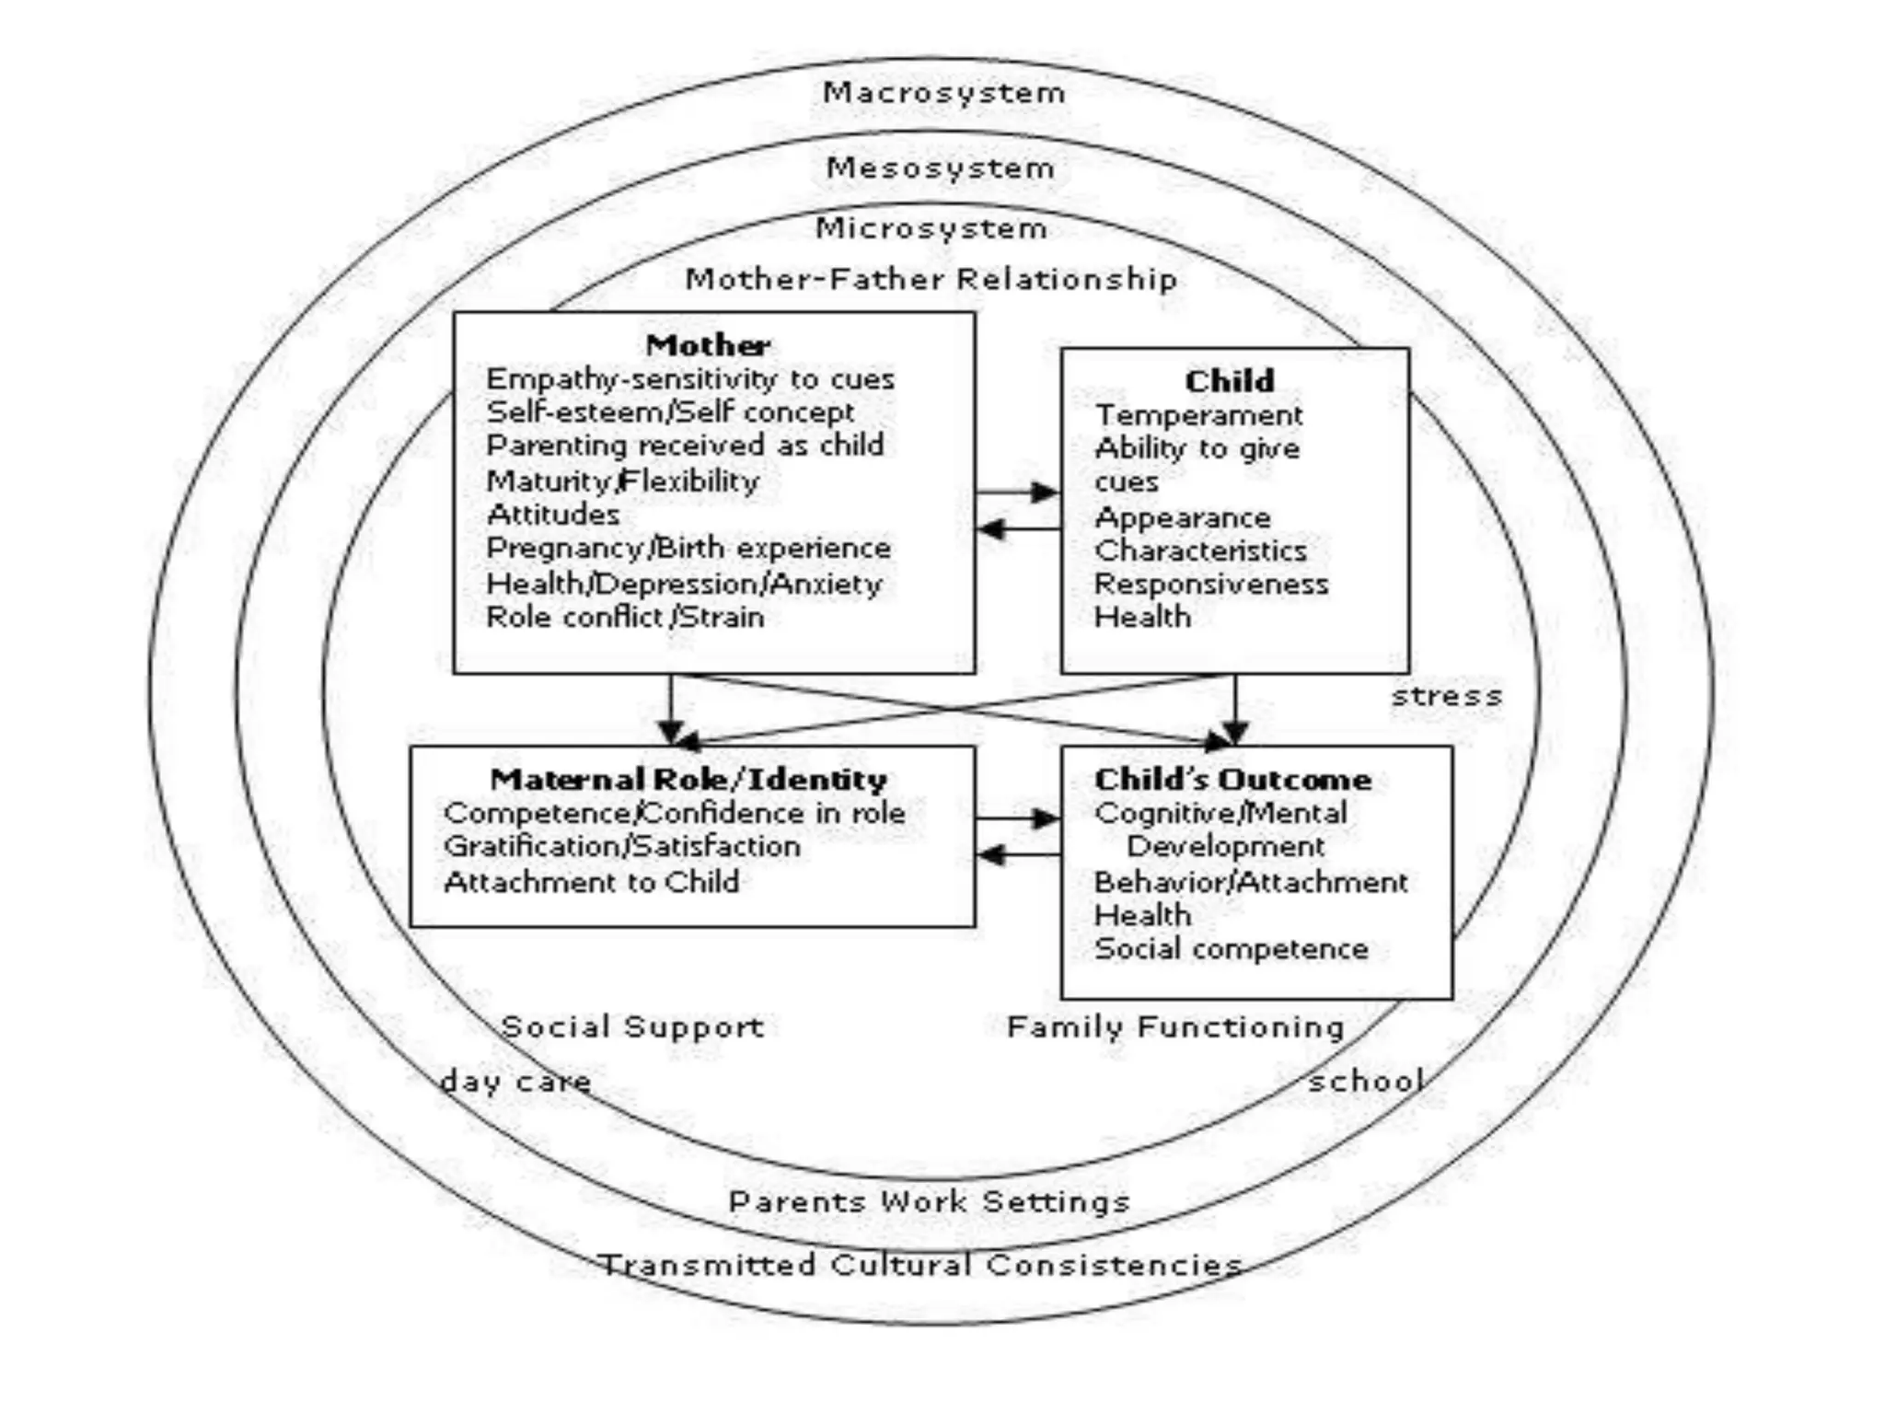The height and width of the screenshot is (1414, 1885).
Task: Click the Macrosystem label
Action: [943, 92]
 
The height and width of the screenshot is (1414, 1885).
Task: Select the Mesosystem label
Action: [940, 168]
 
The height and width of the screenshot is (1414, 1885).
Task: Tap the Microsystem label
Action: [931, 227]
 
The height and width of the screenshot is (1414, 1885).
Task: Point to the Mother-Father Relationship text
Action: [931, 278]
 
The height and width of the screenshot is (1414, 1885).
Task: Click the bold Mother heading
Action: [708, 345]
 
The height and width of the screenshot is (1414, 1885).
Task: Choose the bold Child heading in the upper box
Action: [1230, 380]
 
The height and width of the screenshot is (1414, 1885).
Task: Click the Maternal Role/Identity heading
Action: [688, 780]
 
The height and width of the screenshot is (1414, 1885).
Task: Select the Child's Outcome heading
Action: [1232, 780]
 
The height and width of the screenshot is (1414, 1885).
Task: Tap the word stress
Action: [1446, 696]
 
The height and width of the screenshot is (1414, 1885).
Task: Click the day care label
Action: [515, 1081]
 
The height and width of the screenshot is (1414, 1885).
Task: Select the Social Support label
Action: [632, 1026]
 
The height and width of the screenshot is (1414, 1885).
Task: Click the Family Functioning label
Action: [1175, 1026]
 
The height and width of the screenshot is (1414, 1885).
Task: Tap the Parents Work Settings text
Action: [929, 1201]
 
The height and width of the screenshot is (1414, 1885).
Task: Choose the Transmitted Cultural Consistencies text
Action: [921, 1265]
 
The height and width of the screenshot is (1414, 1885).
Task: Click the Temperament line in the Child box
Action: [1198, 415]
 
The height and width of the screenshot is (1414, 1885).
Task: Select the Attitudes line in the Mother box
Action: [553, 514]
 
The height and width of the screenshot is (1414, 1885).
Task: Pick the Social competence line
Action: [1232, 949]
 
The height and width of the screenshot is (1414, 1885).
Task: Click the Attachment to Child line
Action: [592, 882]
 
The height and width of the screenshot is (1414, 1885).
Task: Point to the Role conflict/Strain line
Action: [625, 617]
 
